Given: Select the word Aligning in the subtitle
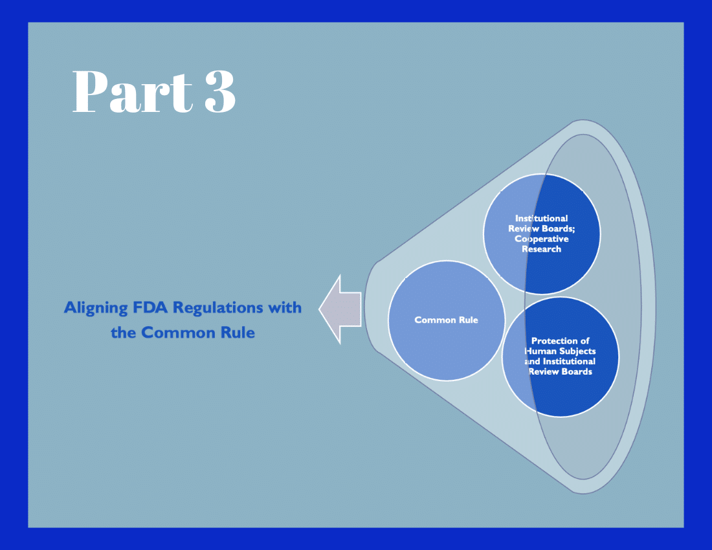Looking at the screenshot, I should pyautogui.click(x=94, y=307).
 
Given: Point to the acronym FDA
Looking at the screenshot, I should pyautogui.click(x=150, y=307).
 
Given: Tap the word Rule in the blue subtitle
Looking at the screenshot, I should pyautogui.click(x=238, y=333).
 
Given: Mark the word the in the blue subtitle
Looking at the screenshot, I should pyautogui.click(x=124, y=333).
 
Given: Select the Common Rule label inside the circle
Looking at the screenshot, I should pyautogui.click(x=446, y=320).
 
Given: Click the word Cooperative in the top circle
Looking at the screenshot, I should pyautogui.click(x=542, y=239).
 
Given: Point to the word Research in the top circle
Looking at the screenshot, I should pyautogui.click(x=542, y=249).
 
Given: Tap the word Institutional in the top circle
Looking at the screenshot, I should pyautogui.click(x=542, y=218).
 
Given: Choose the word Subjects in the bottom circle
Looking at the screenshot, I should pyautogui.click(x=577, y=351).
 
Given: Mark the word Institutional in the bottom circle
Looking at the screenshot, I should pyautogui.click(x=568, y=361).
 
